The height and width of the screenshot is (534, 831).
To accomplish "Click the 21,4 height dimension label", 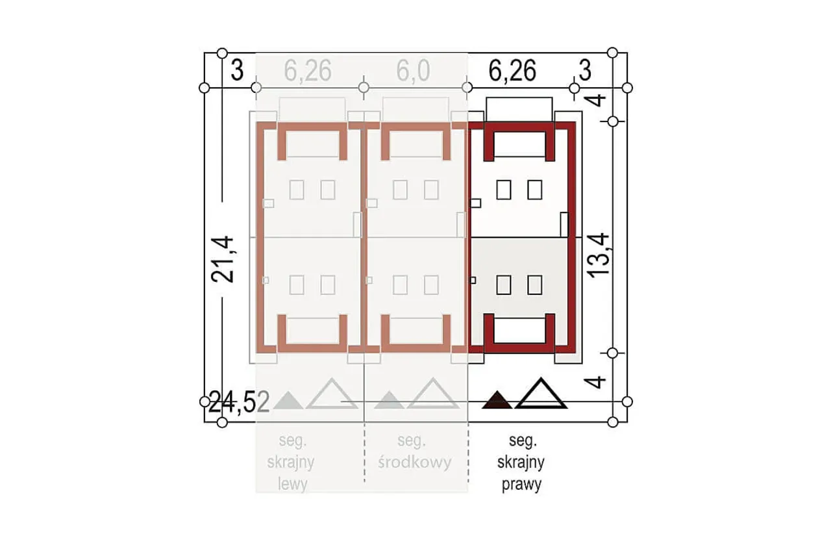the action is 223,259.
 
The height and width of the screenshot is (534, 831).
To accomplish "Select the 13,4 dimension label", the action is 598,255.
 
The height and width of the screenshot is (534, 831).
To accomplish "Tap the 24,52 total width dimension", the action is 240,402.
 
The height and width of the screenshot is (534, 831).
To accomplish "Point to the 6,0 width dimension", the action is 414,70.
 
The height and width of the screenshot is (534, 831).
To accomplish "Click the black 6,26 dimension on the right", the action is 512,70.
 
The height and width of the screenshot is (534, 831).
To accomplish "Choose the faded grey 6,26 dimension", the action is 308,70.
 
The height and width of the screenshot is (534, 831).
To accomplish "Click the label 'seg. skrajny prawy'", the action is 521,463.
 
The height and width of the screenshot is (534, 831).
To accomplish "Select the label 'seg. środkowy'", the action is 415,451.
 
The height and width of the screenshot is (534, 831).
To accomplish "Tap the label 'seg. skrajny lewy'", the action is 291,463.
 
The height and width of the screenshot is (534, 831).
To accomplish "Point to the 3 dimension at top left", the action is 237,70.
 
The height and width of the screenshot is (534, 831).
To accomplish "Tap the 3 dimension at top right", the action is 585,70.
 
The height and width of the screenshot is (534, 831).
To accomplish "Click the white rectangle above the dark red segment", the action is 519,109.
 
